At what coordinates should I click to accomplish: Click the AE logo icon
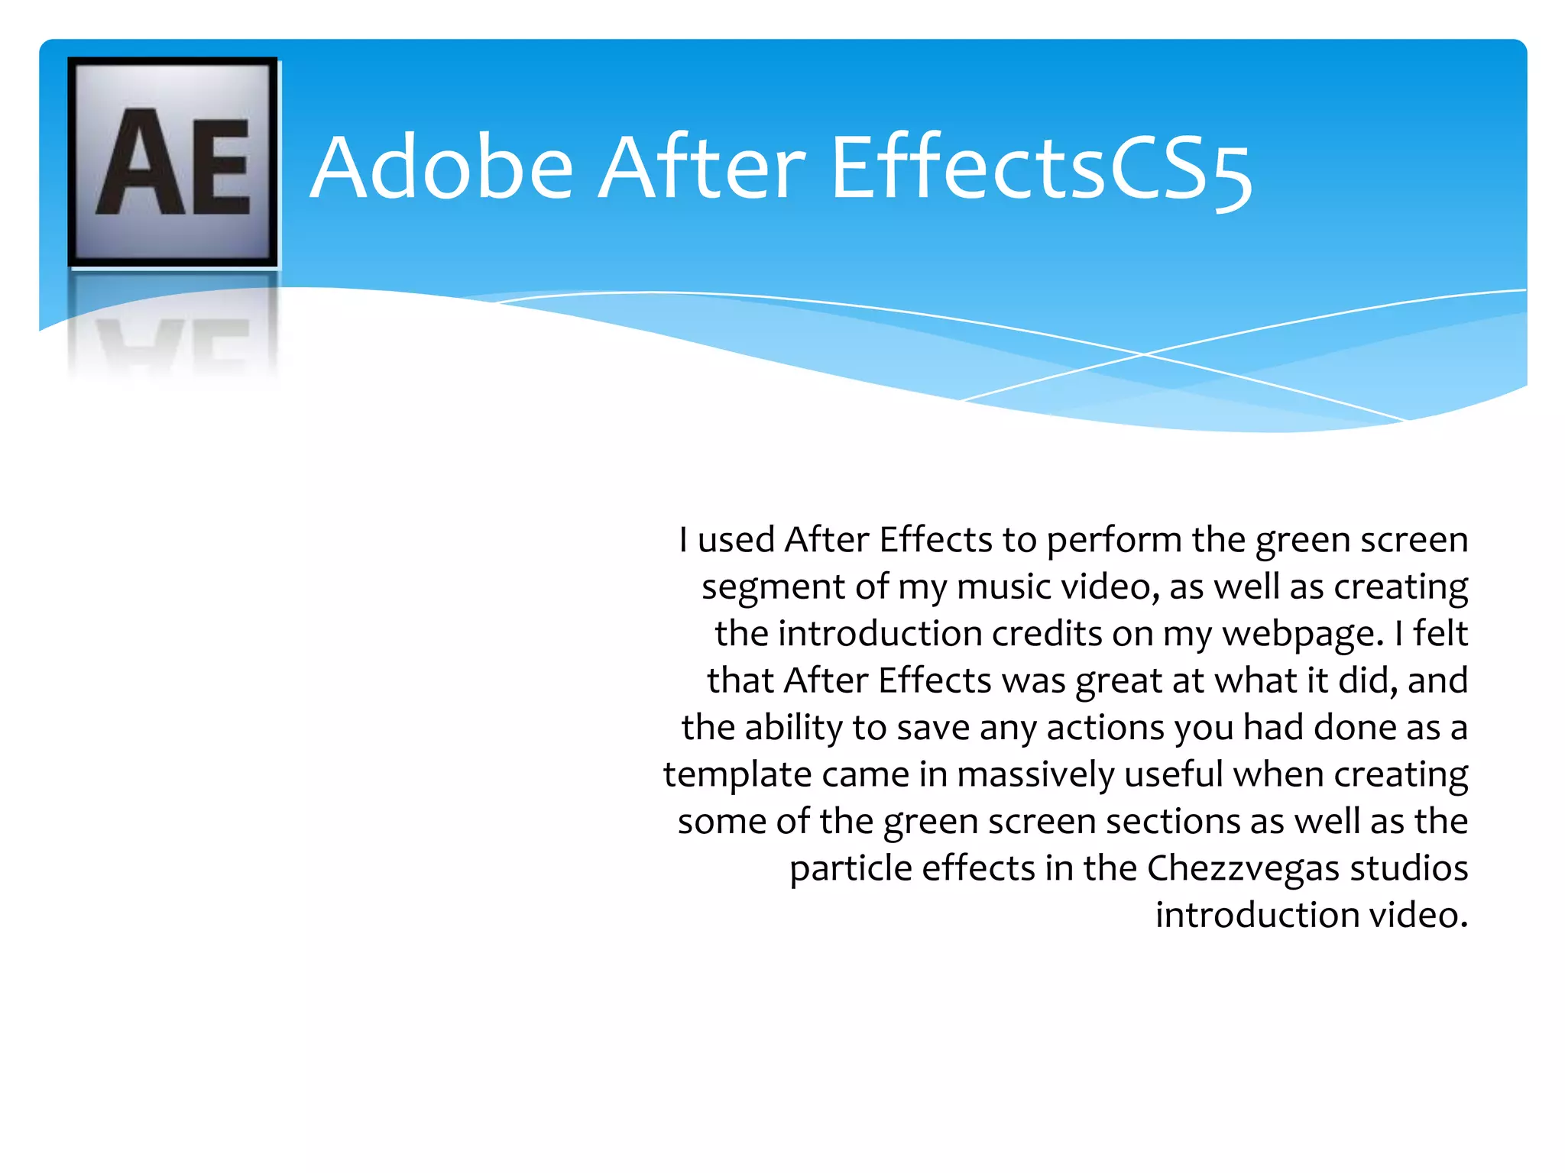coord(173,162)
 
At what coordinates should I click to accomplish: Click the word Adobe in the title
coord(442,168)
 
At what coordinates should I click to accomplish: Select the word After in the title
coord(701,168)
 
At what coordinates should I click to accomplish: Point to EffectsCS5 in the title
coord(1041,170)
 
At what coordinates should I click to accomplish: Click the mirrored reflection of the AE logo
coord(173,328)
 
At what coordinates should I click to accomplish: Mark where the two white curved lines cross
coord(1144,354)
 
